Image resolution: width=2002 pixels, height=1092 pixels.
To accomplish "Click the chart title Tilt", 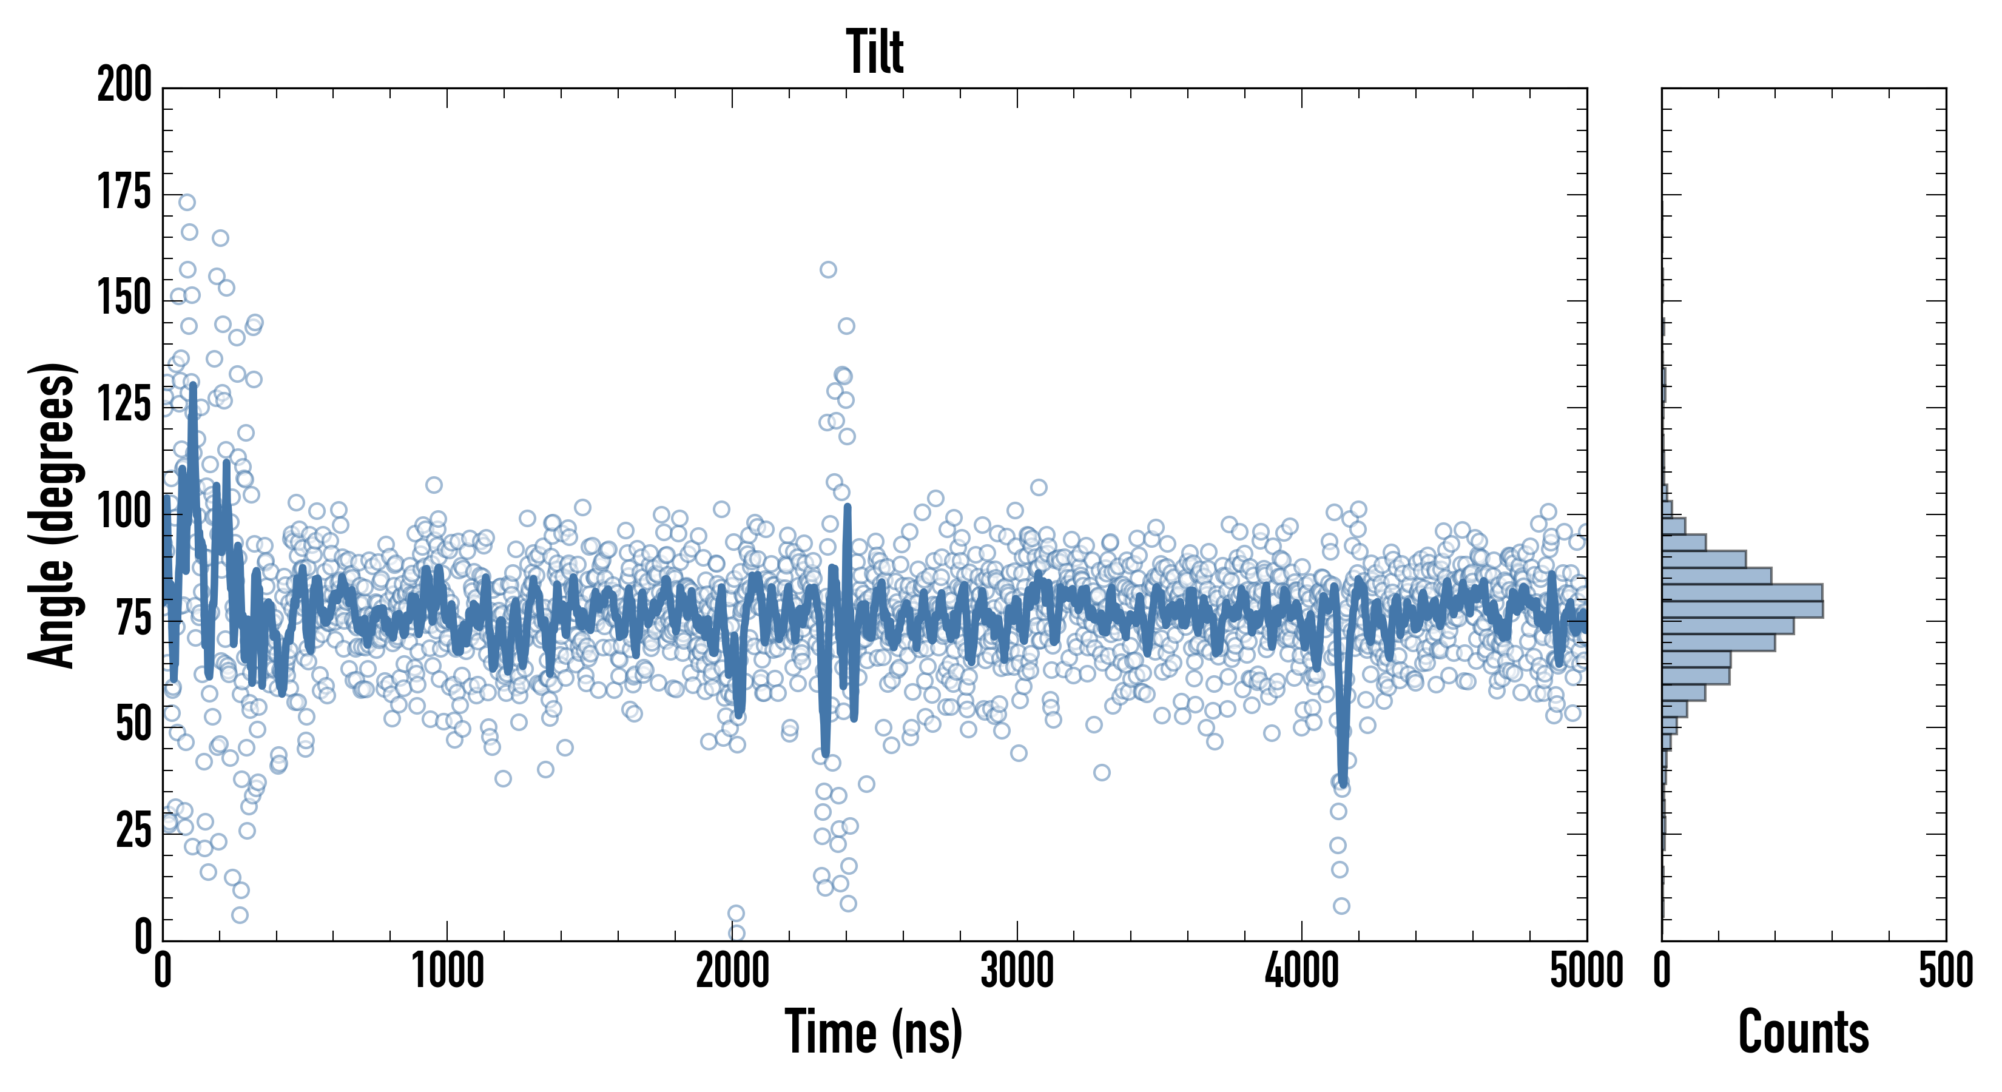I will coord(874,52).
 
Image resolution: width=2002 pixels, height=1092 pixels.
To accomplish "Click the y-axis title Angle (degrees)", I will coord(52,514).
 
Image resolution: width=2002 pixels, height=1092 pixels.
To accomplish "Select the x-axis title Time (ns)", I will coord(874,1031).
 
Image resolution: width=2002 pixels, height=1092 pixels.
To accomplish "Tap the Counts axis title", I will coord(1803,1031).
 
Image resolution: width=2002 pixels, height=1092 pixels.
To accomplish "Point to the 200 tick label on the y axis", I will coord(124,85).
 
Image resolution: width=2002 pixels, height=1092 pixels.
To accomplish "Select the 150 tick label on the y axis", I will coord(124,298).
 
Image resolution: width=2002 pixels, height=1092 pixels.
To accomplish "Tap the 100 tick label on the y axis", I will coord(124,511).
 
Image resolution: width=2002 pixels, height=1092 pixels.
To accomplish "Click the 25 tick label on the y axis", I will coord(133,831).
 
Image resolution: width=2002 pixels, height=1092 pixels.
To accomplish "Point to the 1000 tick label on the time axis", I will coord(448,971).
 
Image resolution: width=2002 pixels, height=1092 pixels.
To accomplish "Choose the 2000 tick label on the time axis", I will coord(732,971).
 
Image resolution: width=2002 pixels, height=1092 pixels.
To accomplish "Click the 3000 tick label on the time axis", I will coord(1017,971).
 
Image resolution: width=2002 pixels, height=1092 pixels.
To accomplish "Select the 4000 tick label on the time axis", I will coord(1302,971).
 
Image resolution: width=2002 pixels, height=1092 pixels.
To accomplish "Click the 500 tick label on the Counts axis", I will coord(1945,971).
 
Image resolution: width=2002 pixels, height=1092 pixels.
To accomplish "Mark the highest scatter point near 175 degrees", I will coord(186,202).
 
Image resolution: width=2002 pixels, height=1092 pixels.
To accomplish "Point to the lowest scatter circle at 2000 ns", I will coord(736,932).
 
